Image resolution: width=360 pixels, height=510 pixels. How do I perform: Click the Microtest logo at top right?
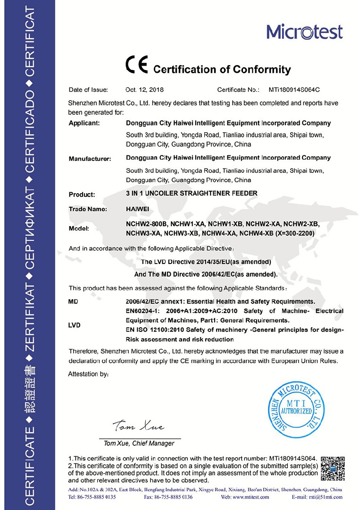pos(304,32)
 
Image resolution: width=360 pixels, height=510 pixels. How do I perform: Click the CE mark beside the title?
pos(136,65)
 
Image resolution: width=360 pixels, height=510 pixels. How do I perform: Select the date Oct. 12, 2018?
pos(145,89)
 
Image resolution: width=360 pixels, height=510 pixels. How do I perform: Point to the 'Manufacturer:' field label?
pos(90,159)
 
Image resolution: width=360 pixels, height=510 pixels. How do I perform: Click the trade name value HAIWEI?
pos(138,208)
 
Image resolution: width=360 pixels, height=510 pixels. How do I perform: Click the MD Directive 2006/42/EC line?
pos(206,274)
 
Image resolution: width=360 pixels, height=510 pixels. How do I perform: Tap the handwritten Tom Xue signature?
pos(138,426)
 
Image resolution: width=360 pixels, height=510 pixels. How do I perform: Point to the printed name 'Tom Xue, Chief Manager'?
pos(139,443)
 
